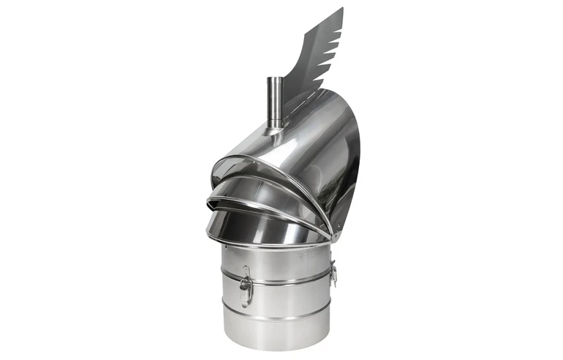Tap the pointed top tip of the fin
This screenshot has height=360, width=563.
pos(341,9)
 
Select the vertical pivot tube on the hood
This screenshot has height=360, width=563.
pos(274,102)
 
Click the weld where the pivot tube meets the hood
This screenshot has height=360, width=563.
pos(275,130)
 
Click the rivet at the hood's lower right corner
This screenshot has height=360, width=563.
pos(331,237)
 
